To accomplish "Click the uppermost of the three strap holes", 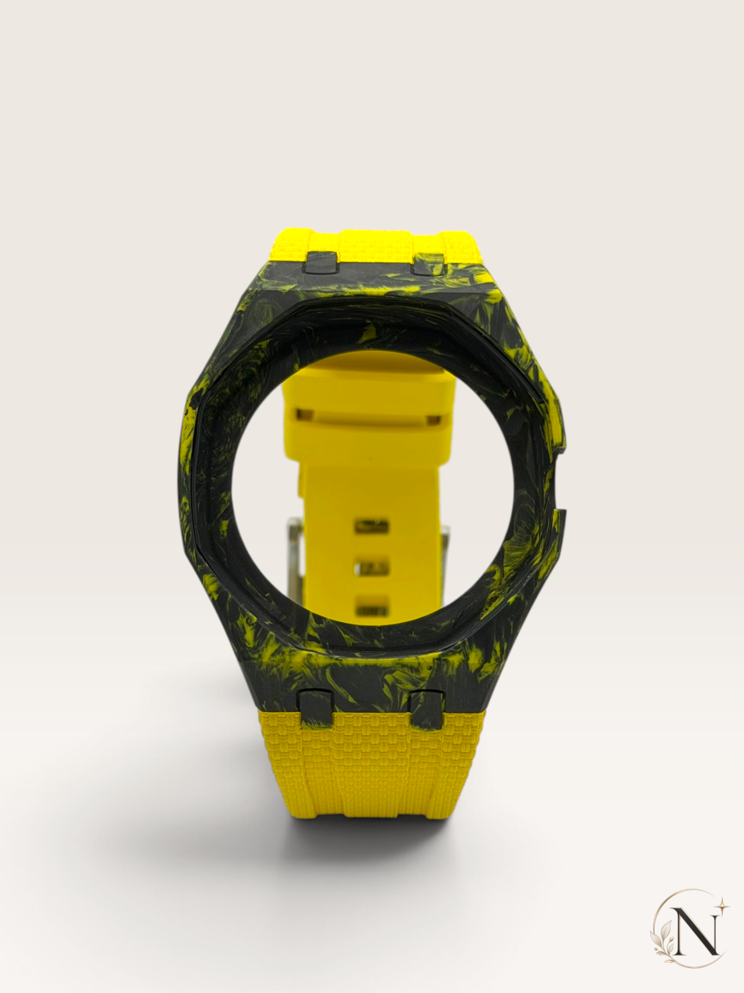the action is tap(371, 524).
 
